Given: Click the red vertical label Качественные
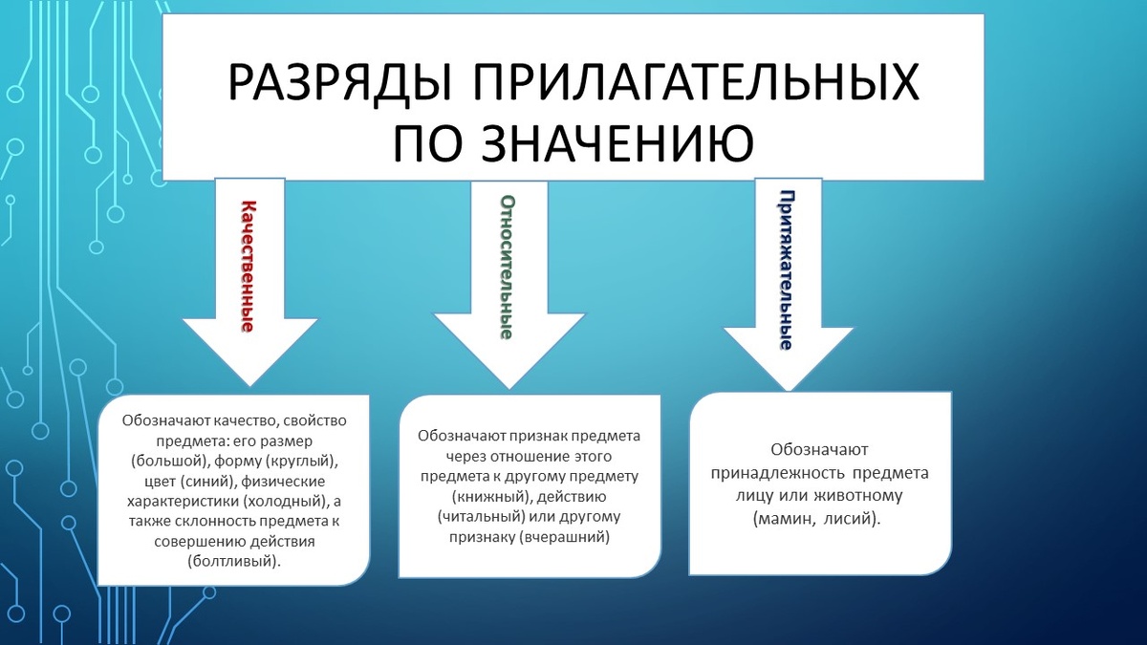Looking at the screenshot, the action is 247,266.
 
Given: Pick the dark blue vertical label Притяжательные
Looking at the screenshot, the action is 786,270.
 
